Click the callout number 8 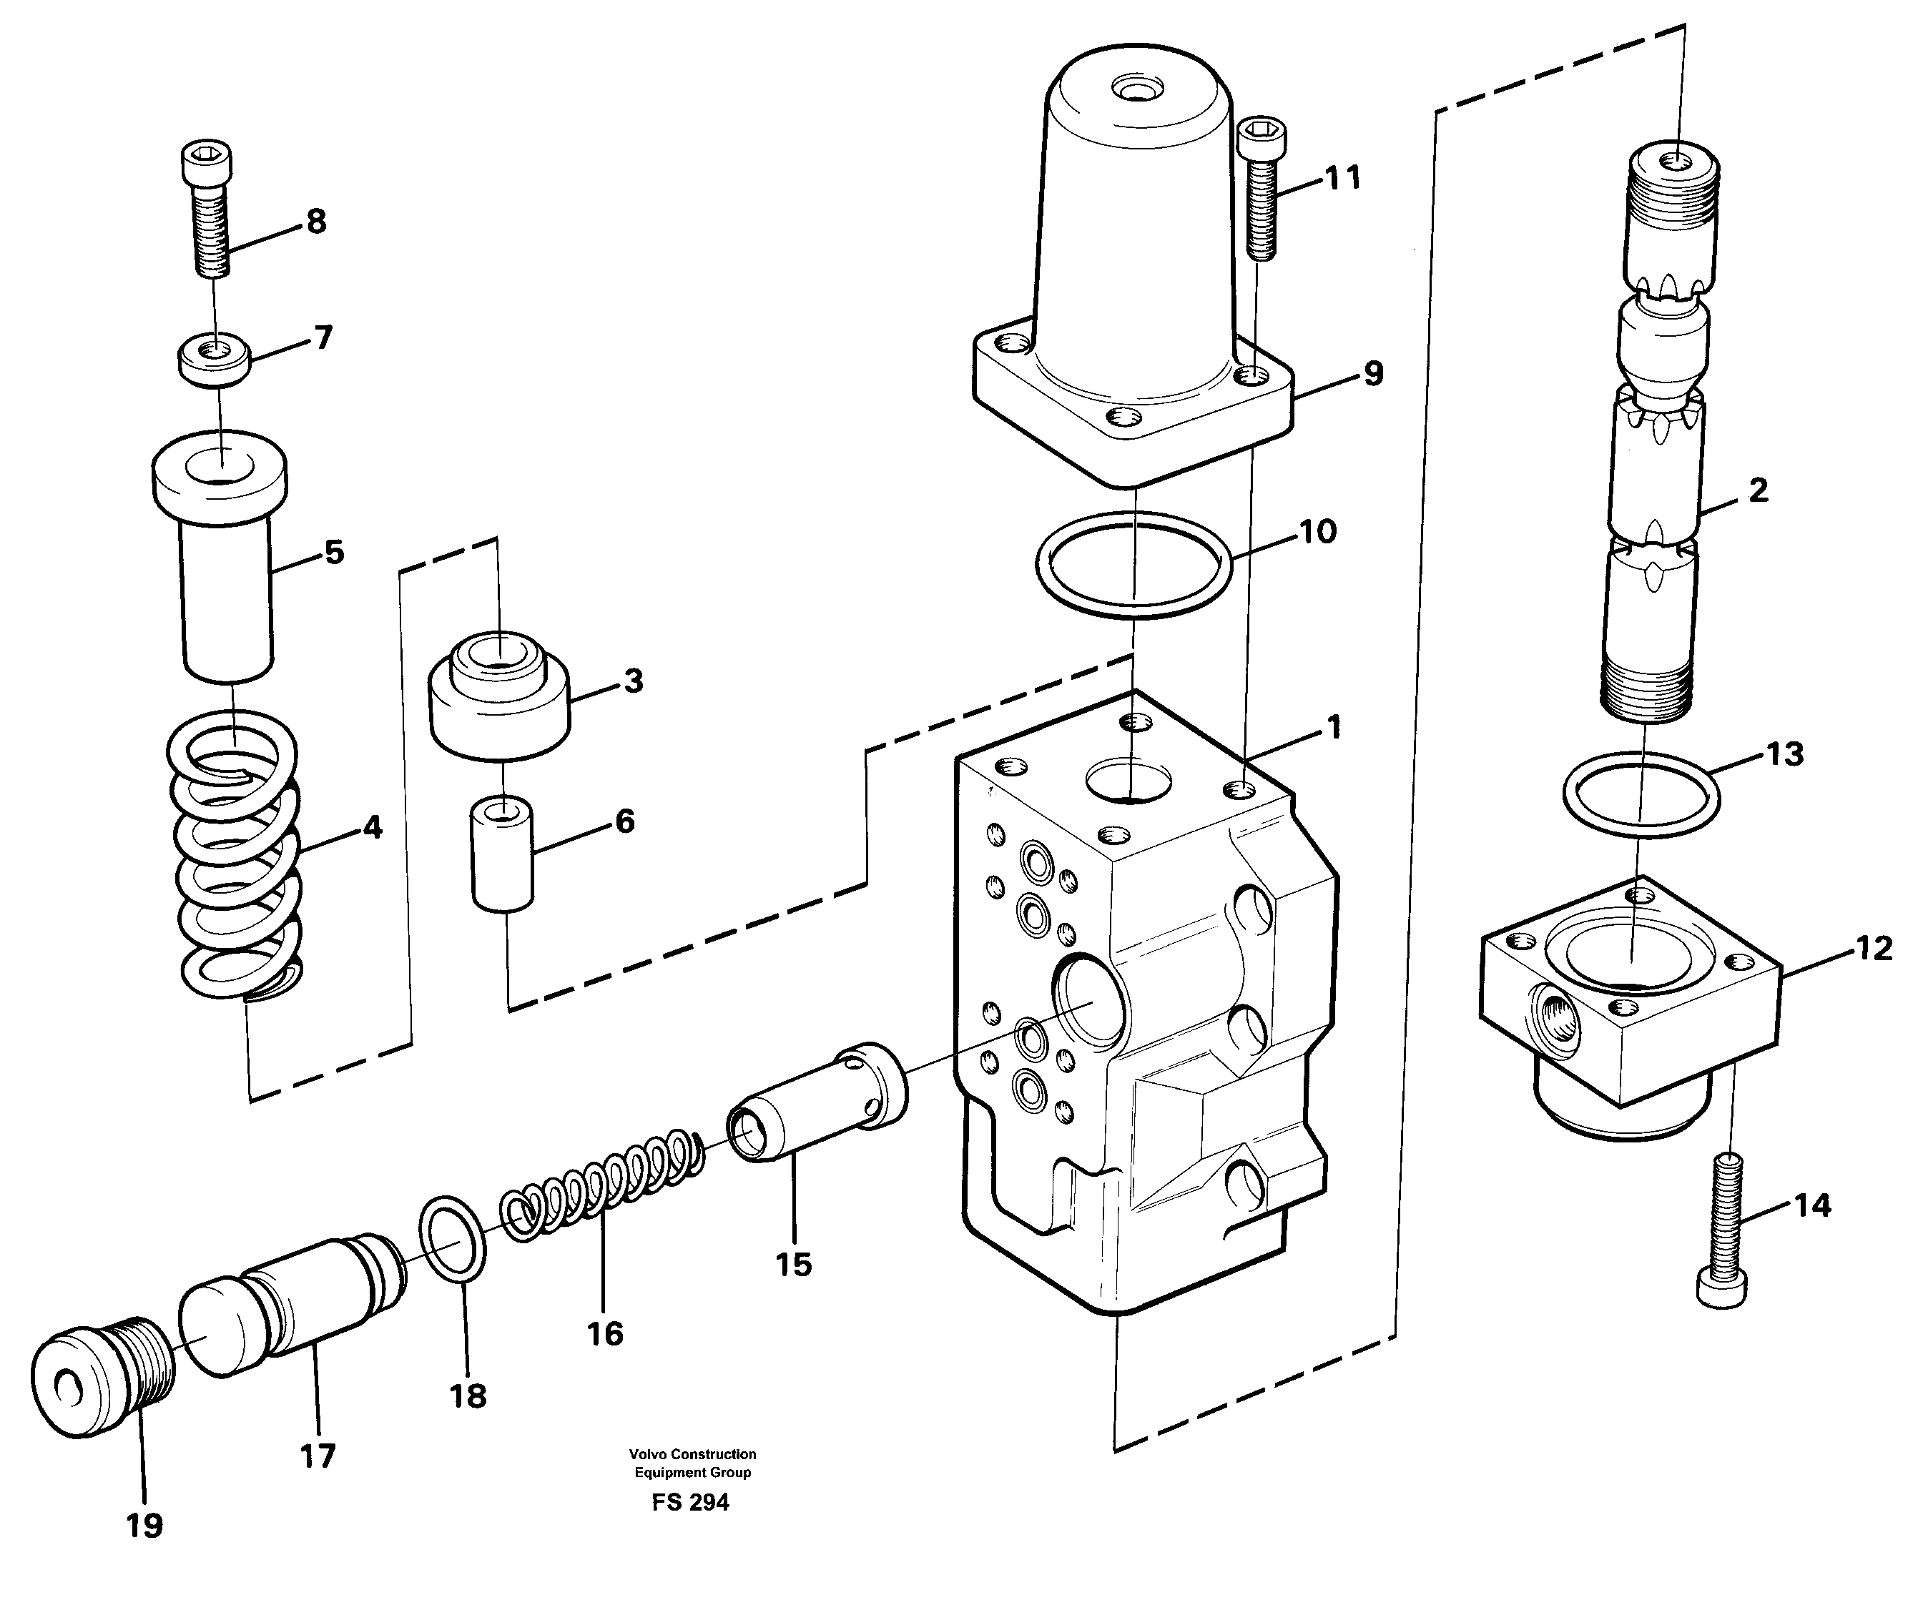[x=316, y=221]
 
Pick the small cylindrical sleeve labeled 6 [x=502, y=854]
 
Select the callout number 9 [x=1373, y=373]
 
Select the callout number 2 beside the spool [x=1757, y=490]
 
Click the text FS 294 [x=691, y=1502]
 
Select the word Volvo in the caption [x=648, y=1454]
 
